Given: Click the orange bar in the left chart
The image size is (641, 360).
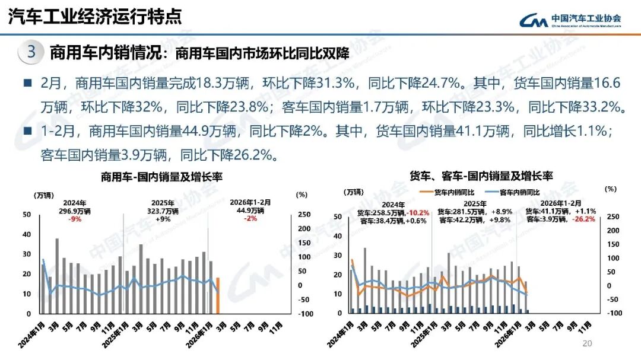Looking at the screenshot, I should [218, 295].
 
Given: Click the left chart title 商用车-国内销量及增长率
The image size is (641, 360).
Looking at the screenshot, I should [161, 177].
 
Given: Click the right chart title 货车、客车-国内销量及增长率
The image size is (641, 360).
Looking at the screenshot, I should [481, 176].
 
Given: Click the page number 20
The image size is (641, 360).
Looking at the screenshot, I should [588, 343].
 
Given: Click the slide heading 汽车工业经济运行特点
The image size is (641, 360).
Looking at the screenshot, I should [95, 17].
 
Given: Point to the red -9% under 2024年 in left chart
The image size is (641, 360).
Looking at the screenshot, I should [75, 218].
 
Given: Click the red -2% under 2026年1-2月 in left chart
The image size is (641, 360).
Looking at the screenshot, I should [250, 218].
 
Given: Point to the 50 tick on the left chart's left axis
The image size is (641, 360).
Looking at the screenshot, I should [27, 215].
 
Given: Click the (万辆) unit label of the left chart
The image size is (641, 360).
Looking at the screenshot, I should [44, 195].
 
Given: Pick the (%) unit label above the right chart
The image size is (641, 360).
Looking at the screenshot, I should [610, 189].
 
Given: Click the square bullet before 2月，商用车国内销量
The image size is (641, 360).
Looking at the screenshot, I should [27, 84].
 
